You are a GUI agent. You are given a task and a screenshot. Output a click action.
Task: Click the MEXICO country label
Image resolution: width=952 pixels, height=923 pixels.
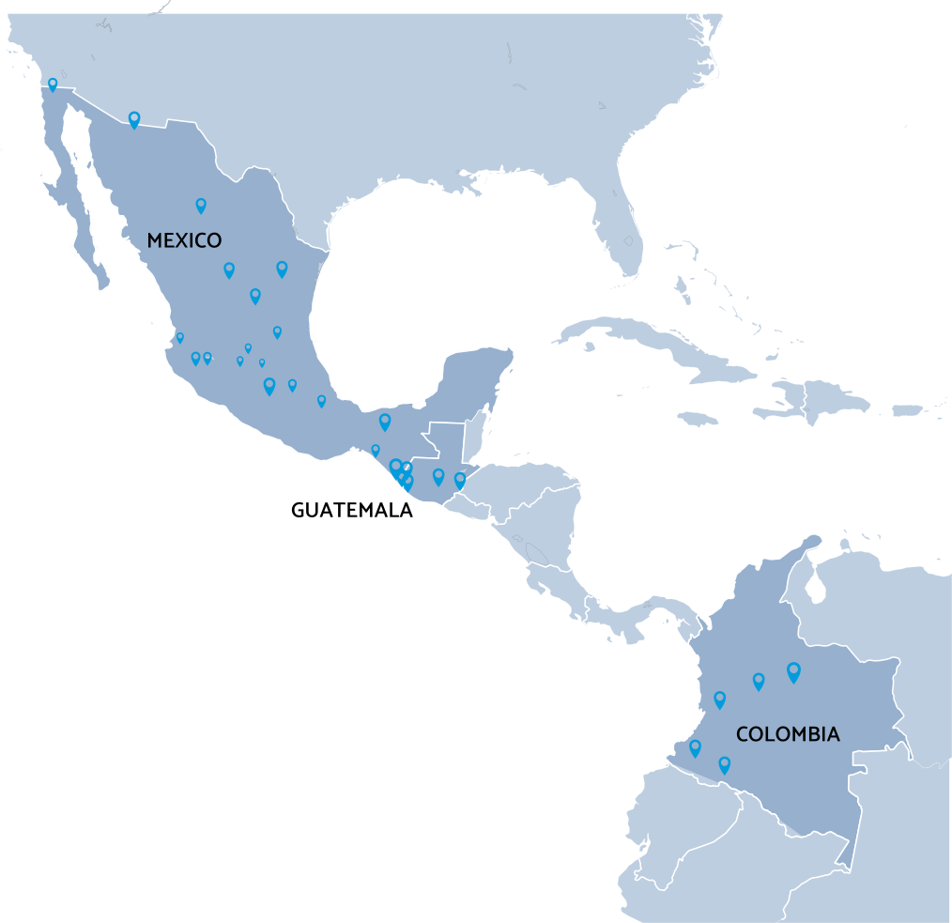point(184,240)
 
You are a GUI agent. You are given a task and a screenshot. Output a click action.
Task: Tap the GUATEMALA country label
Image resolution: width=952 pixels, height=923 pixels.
point(351,511)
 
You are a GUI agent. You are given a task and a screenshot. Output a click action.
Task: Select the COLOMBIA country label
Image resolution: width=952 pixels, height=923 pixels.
point(787,734)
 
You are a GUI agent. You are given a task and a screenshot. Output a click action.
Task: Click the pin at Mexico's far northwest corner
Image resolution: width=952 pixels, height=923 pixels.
point(53,84)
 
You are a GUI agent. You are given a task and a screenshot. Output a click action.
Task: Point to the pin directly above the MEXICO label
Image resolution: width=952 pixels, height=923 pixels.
point(200,205)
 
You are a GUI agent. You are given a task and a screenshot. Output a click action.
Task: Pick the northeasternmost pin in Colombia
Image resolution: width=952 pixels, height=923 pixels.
point(793,670)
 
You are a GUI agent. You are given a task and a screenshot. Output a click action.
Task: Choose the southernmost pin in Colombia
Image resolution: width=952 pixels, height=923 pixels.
point(724,764)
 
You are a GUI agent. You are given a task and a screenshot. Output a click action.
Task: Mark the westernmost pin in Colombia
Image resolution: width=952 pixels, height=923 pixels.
point(695,747)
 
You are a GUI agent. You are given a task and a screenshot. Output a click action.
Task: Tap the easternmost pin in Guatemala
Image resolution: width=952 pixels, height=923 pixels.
point(460,480)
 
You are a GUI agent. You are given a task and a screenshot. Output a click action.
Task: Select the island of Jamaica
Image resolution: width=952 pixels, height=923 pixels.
point(697,418)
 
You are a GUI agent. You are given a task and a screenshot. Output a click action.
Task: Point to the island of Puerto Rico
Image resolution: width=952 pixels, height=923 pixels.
point(907,410)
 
